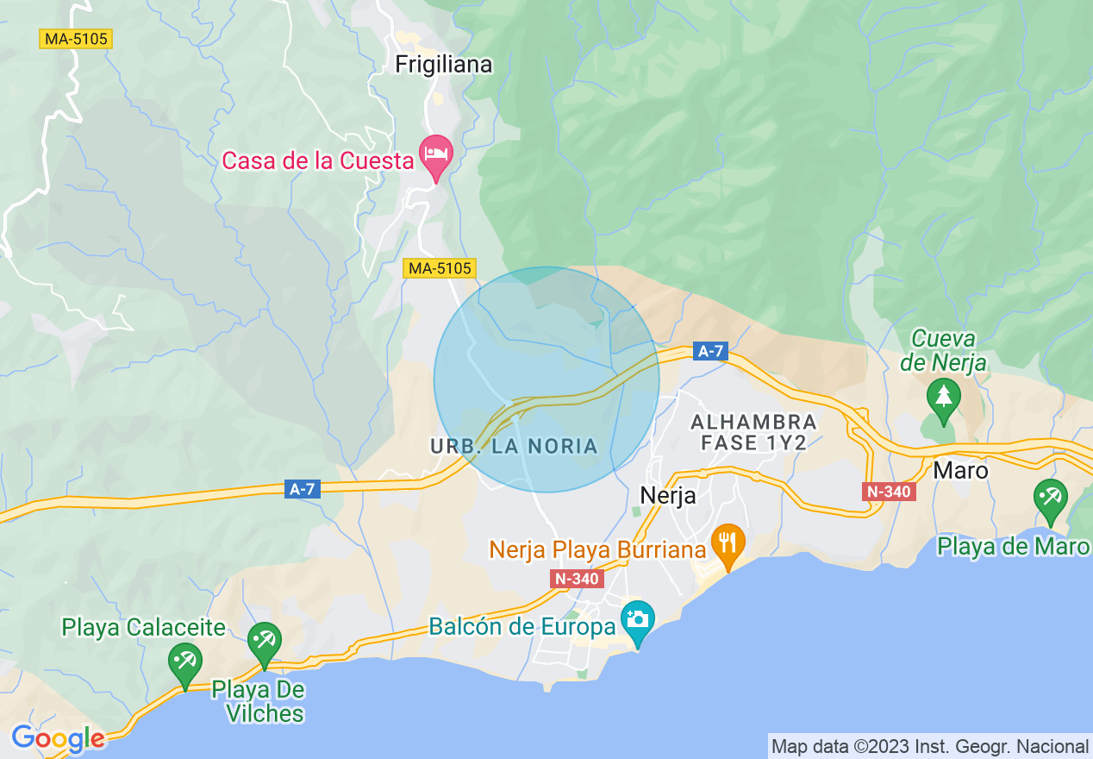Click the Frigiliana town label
(x=444, y=65)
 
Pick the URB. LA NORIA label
(x=514, y=446)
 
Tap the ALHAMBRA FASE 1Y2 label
(x=753, y=432)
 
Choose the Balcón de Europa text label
(x=522, y=626)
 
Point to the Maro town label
(x=960, y=471)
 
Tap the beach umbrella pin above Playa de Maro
(x=1051, y=499)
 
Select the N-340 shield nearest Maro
(x=887, y=492)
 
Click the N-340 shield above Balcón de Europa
(x=576, y=579)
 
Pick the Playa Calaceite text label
(x=144, y=627)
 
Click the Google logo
(x=58, y=739)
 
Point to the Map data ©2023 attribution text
(x=929, y=746)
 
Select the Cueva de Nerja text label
(x=944, y=350)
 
